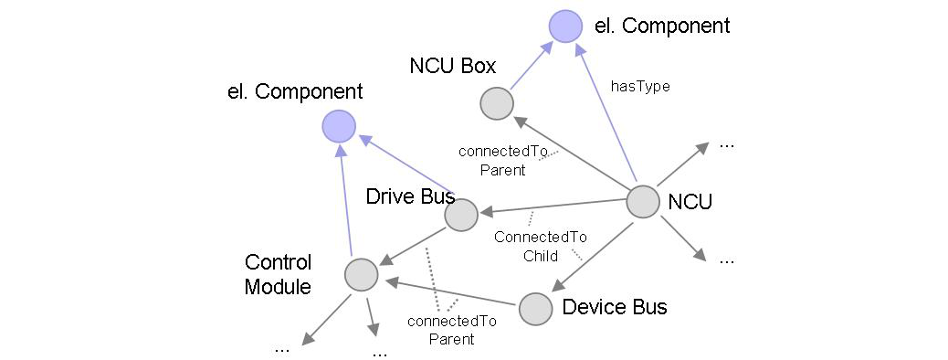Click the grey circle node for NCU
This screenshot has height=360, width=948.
[643, 202]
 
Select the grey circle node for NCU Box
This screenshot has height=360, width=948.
[498, 103]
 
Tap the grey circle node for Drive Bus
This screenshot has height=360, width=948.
[461, 215]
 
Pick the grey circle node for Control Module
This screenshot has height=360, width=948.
[361, 273]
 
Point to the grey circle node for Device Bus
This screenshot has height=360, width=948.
[535, 309]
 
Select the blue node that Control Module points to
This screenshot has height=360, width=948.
[339, 126]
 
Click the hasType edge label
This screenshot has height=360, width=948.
[640, 86]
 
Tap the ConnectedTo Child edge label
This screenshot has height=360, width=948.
[540, 246]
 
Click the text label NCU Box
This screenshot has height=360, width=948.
[453, 66]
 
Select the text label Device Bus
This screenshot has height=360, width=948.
[615, 307]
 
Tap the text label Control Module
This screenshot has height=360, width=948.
[279, 274]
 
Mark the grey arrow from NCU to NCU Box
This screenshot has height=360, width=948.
[572, 152]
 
